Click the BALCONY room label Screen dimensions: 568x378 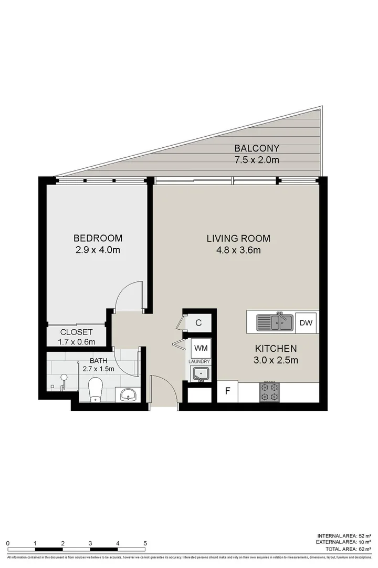click(x=257, y=148)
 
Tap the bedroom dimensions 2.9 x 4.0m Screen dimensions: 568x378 click(x=98, y=250)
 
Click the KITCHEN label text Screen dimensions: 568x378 click(x=276, y=348)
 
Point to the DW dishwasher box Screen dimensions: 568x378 click(x=306, y=323)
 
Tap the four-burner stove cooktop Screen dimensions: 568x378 click(x=269, y=392)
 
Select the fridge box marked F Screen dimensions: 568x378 click(x=228, y=391)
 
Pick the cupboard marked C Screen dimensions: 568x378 click(x=198, y=323)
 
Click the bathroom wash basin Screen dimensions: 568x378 click(x=128, y=394)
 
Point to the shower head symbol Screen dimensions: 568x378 click(x=64, y=377)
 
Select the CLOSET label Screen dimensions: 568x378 click(x=77, y=332)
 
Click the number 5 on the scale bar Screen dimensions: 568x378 click(x=145, y=543)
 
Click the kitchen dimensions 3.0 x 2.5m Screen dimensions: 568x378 click(x=276, y=360)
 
